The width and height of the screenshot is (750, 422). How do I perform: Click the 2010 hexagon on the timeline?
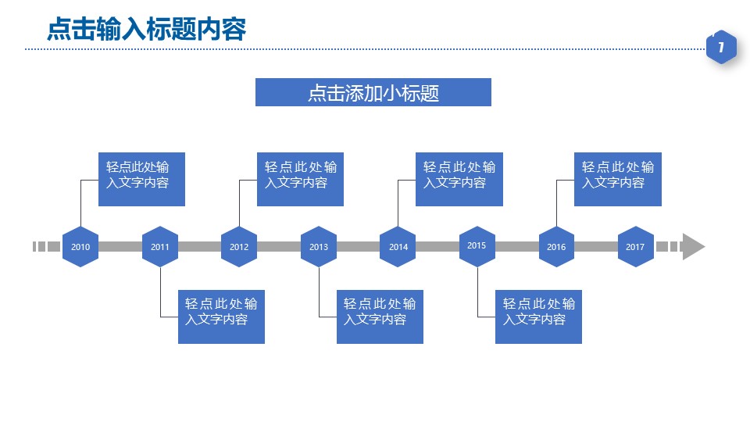pos(80,247)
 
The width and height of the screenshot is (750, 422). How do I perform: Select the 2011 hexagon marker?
pos(160,247)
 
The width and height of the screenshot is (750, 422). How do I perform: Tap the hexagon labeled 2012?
pos(239,247)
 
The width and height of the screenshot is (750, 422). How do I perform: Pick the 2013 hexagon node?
pos(319,247)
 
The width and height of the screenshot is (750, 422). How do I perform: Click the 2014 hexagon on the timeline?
pos(398,247)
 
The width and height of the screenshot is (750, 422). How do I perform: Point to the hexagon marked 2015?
pos(477,246)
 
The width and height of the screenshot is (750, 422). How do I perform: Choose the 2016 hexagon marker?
pos(556,247)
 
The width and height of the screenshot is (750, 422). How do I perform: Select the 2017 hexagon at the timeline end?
pos(635,247)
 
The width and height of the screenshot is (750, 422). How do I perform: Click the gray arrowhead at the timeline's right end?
pos(693,246)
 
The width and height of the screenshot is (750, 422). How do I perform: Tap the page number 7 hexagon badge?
pos(721,48)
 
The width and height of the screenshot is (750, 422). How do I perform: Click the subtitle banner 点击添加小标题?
pos(373,92)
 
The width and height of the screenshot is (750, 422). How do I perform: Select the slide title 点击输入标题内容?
pos(146,29)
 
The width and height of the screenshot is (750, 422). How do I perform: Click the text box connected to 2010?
pos(141,179)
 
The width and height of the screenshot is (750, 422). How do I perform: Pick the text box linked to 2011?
pos(221,316)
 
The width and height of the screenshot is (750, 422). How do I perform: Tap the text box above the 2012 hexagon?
pos(300,179)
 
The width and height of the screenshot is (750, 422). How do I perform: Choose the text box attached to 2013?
pos(380,316)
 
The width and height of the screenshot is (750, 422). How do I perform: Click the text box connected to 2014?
pos(459,179)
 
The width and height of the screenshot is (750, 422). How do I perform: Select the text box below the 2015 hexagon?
pos(538,316)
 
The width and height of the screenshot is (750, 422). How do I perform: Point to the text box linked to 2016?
pos(617,179)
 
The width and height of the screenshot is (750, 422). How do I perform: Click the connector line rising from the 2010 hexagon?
pos(81,203)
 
